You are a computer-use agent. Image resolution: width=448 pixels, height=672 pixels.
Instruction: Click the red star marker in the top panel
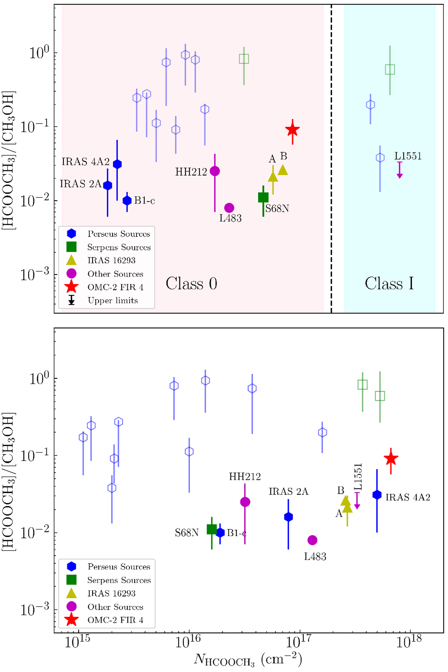[x=292, y=130]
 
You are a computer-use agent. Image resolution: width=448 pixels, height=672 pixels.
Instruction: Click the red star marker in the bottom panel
[x=391, y=459]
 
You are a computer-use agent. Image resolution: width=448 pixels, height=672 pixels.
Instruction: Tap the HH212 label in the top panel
[x=191, y=172]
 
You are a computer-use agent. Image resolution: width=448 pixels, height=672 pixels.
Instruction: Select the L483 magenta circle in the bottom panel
[x=312, y=540]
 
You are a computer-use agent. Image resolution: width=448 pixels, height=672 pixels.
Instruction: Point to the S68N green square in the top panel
[x=263, y=197]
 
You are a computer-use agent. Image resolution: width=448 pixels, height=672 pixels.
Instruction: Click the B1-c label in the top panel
[x=144, y=201]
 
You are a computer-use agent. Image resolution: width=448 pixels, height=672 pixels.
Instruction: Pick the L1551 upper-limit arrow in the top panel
[x=399, y=171]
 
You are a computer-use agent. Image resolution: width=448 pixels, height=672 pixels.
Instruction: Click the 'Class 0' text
[x=191, y=284]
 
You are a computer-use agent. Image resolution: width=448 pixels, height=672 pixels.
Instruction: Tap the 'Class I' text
[x=389, y=284]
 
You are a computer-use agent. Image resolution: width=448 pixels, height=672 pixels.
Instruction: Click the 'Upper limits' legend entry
[x=112, y=300]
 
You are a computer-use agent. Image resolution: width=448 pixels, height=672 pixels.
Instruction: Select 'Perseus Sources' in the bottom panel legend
[x=119, y=566]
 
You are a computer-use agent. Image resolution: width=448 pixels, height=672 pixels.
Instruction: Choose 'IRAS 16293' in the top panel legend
[x=111, y=260]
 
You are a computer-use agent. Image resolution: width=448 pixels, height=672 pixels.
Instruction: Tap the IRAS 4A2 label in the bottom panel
[x=408, y=497]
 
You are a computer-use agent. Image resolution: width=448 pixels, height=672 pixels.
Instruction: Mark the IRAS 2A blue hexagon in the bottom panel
[x=288, y=517]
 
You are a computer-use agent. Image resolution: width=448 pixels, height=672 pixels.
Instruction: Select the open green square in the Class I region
[x=390, y=69]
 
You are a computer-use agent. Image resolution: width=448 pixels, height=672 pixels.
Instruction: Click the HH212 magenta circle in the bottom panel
[x=245, y=502]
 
